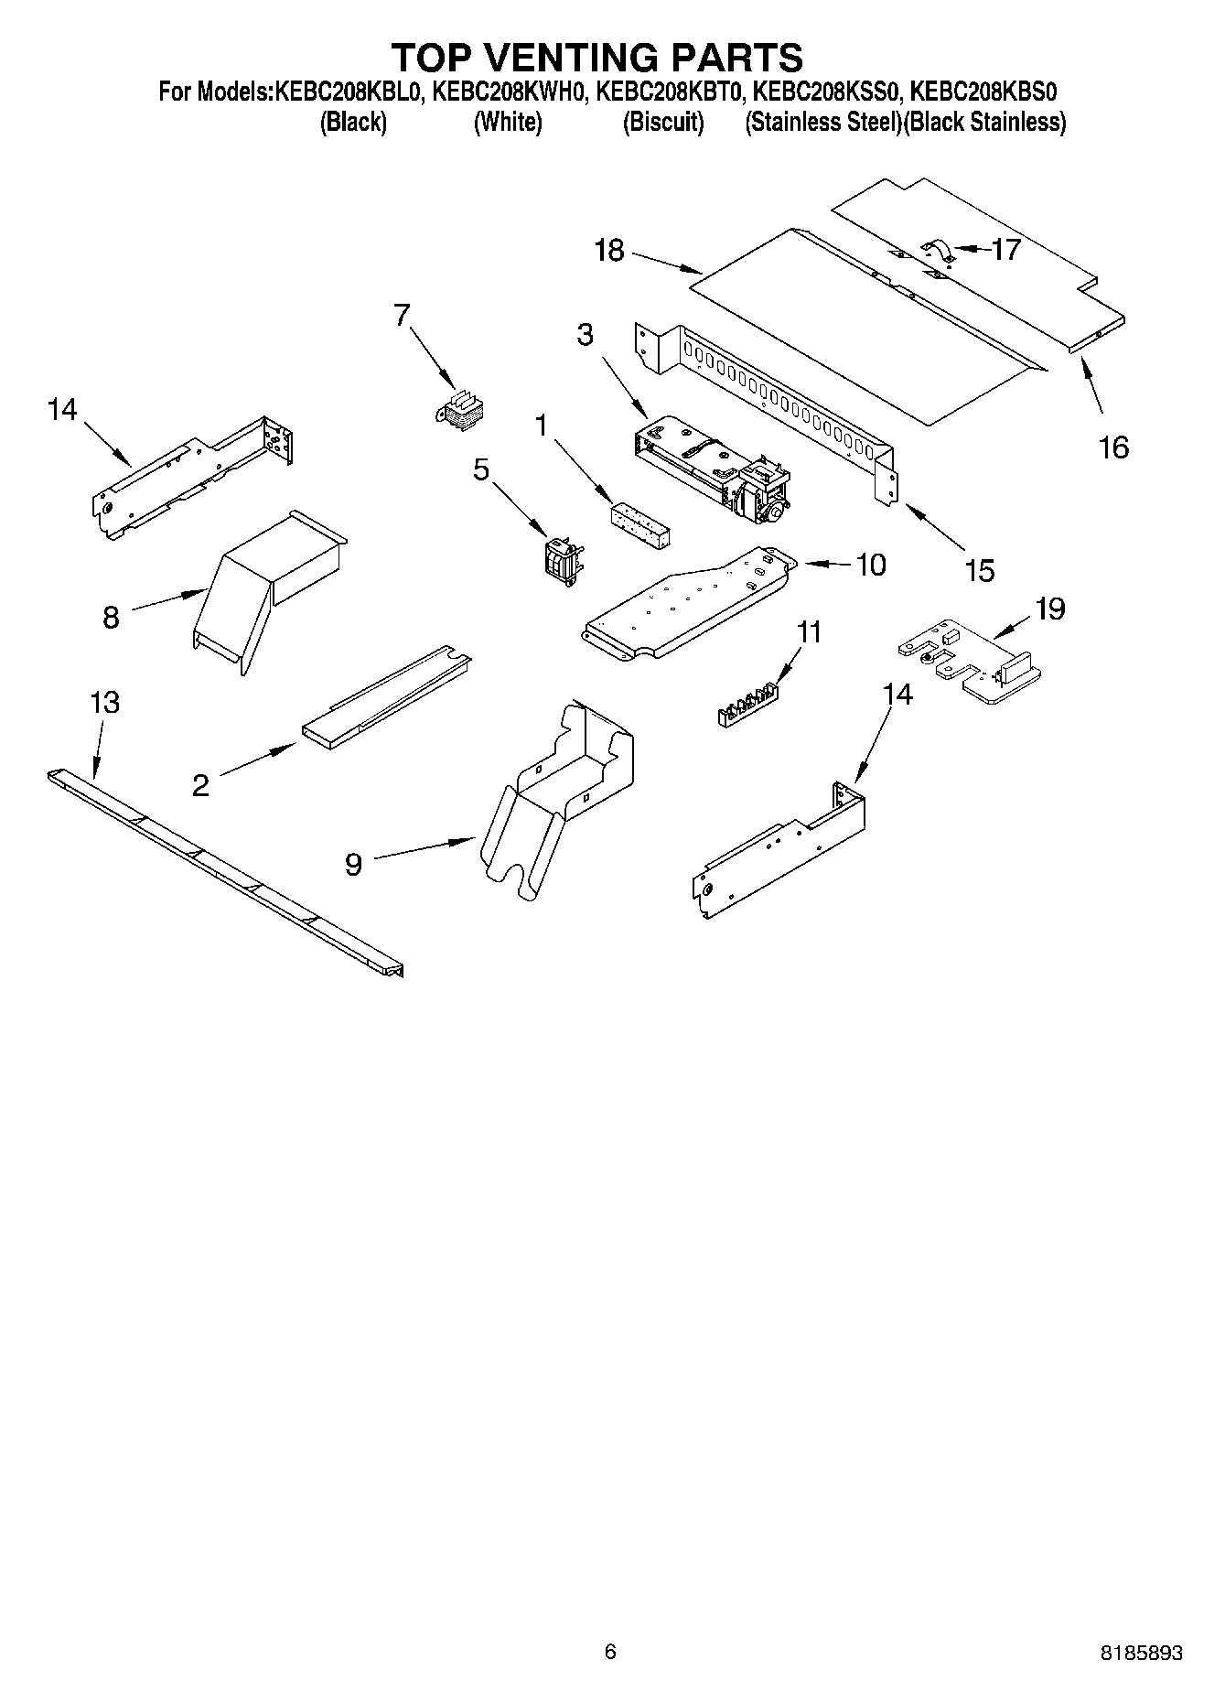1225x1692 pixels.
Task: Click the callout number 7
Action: pyautogui.click(x=402, y=315)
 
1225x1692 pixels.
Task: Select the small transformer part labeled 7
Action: pyautogui.click(x=462, y=408)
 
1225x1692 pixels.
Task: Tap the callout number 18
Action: pyautogui.click(x=609, y=250)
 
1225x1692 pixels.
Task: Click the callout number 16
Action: pyautogui.click(x=1113, y=447)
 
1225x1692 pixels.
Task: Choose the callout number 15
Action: pyautogui.click(x=980, y=570)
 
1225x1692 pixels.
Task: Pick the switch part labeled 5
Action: pyautogui.click(x=562, y=558)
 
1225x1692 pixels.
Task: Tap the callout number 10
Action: pyautogui.click(x=870, y=565)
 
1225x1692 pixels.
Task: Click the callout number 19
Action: pyautogui.click(x=1050, y=609)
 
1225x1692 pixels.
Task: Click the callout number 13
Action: pyautogui.click(x=105, y=703)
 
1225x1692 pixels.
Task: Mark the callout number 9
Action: pyautogui.click(x=354, y=864)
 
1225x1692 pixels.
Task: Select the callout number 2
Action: pyautogui.click(x=200, y=785)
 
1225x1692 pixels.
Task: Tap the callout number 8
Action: pyautogui.click(x=111, y=618)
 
